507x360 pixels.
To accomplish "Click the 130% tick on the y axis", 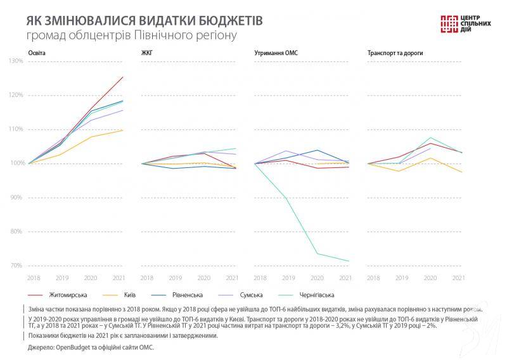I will click(15, 61).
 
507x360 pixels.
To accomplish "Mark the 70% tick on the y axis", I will click(16, 266).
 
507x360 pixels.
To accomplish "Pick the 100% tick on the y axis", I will click(15, 164).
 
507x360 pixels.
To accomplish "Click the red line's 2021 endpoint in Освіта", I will click(123, 77).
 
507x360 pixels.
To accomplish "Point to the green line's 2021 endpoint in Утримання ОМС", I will click(349, 261).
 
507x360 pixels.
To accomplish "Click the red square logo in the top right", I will click(449, 22).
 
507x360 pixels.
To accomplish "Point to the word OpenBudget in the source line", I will click(73, 347).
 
